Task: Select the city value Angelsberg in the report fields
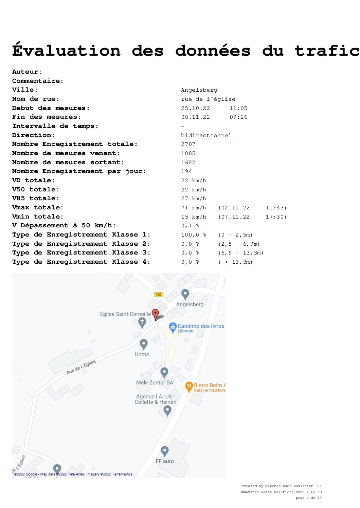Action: pyautogui.click(x=199, y=90)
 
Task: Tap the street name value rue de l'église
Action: pyautogui.click(x=208, y=99)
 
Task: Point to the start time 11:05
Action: pyautogui.click(x=238, y=108)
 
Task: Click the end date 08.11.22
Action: pyautogui.click(x=195, y=117)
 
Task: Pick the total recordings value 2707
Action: pyautogui.click(x=188, y=144)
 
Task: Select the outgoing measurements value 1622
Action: pyautogui.click(x=188, y=163)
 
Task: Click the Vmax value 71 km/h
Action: pyautogui.click(x=194, y=207)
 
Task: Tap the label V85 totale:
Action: pyautogui.click(x=36, y=199)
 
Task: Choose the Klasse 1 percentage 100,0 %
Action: pyautogui.click(x=193, y=235)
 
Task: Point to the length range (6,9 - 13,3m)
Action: pyautogui.click(x=240, y=253)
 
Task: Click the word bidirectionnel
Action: pyautogui.click(x=206, y=135)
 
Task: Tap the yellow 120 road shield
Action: pyautogui.click(x=158, y=294)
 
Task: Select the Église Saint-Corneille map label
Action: pyautogui.click(x=125, y=314)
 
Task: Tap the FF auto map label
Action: pyautogui.click(x=165, y=461)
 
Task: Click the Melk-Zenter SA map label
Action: pyautogui.click(x=155, y=382)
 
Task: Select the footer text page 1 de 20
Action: pyautogui.click(x=308, y=497)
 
